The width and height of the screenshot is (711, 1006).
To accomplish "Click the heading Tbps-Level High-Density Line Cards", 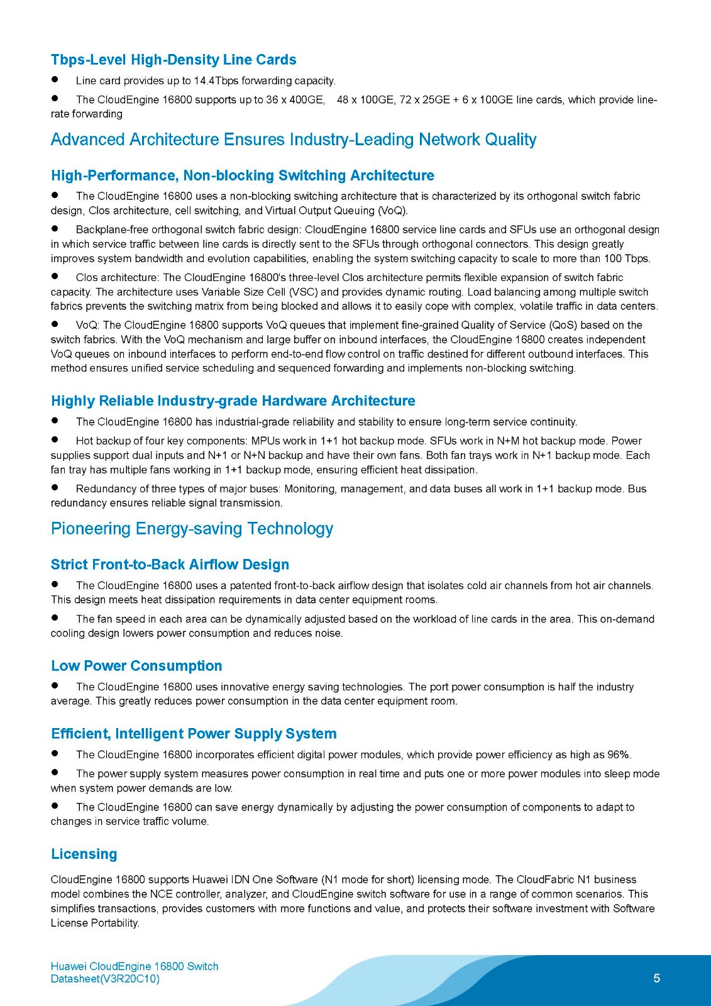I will click(x=174, y=60).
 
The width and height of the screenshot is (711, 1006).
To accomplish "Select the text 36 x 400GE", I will click(x=295, y=99).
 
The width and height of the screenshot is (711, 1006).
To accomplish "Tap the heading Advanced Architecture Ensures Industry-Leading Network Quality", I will click(x=294, y=140).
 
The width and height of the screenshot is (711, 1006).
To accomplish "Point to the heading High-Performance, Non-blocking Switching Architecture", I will click(x=243, y=175).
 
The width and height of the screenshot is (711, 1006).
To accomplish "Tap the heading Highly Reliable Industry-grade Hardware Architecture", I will click(x=233, y=401).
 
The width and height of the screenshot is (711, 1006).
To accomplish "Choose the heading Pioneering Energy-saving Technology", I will click(x=192, y=529).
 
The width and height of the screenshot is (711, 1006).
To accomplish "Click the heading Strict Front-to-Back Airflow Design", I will click(x=170, y=565).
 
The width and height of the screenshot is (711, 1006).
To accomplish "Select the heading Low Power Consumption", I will click(x=136, y=666).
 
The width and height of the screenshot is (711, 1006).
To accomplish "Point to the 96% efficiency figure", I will click(x=619, y=754).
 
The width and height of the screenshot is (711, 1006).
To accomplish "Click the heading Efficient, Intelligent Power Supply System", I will click(x=194, y=734).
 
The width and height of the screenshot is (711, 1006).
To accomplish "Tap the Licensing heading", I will click(x=84, y=854).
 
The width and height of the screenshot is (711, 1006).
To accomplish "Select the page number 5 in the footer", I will click(x=656, y=978).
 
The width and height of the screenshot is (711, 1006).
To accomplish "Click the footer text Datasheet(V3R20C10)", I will click(x=105, y=979).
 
